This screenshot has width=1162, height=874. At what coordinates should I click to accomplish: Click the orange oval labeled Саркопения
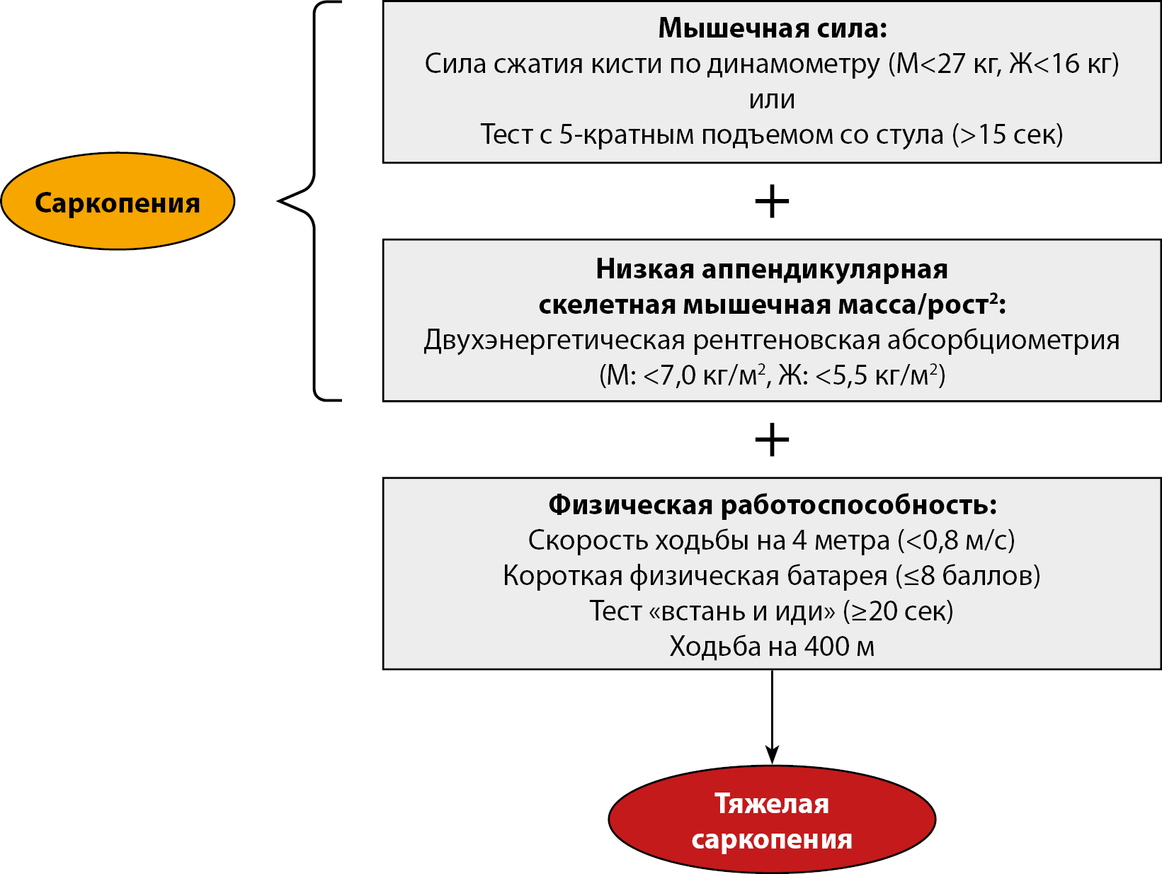pos(118,202)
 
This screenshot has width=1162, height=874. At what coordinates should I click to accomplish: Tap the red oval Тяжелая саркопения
pos(772,820)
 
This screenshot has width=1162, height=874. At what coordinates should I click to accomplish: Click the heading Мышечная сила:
pos(772,28)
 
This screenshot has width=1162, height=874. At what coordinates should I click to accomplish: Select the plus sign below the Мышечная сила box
pos(772,202)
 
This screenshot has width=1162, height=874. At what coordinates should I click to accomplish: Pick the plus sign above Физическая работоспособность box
pos(772,441)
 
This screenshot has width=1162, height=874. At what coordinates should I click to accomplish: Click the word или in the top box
pos(772,99)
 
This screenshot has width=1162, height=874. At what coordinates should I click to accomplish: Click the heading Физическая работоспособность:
pos(772,505)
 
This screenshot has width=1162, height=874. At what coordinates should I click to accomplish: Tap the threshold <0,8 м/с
pos(956,540)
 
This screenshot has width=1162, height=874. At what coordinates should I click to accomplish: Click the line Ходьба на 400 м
pos(772,647)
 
